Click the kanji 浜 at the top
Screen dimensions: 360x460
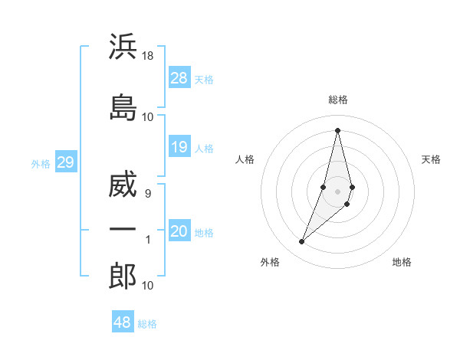[123, 47]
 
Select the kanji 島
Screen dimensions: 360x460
[123, 107]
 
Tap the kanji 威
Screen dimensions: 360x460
[123, 186]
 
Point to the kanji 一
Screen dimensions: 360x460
[123, 231]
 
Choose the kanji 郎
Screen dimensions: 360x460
[123, 277]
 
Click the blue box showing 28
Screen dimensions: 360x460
[179, 79]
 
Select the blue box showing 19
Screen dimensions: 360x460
[179, 147]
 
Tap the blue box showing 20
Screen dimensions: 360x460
[179, 232]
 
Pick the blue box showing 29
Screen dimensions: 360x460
[65, 162]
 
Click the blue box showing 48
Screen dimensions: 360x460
[123, 322]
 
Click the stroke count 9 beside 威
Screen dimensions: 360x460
[148, 194]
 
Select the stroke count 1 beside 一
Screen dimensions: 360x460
[148, 240]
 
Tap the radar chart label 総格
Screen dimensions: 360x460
[338, 100]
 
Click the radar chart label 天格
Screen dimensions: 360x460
[431, 159]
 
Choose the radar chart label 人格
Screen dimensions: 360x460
[245, 159]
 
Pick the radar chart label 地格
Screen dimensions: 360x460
[402, 262]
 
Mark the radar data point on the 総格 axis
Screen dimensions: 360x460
[338, 129]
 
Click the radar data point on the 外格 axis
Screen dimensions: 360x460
[302, 242]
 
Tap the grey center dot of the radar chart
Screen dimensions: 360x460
[338, 191]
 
